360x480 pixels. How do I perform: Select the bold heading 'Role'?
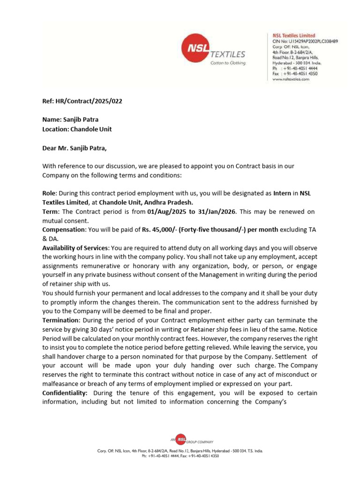tap(49, 193)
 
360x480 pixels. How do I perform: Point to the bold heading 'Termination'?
tap(61, 320)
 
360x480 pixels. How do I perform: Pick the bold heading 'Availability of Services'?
tap(75, 247)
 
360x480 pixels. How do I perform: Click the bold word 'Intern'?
tap(278, 193)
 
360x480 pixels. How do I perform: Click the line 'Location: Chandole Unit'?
tap(77, 129)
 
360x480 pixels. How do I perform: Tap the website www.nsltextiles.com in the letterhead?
tap(291, 80)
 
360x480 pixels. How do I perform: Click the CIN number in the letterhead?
tap(305, 41)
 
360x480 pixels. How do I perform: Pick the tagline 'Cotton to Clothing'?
tap(228, 63)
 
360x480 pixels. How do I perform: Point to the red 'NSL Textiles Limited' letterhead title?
tap(294, 36)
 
